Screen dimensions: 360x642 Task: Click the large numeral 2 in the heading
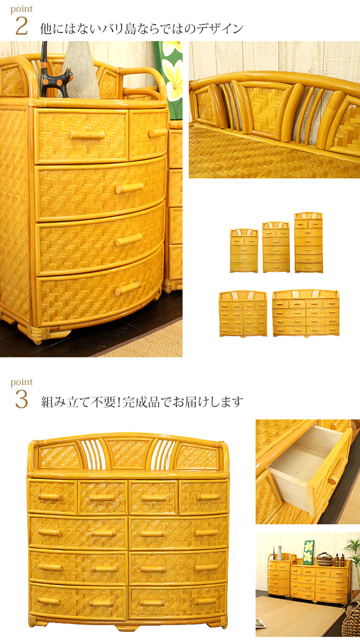point(22,26)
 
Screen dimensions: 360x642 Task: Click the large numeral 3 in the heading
point(22,399)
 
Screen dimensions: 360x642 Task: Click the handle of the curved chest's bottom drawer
point(128,288)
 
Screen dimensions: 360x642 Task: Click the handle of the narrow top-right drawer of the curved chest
point(157,133)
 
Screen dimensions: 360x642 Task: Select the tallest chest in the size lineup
point(309,242)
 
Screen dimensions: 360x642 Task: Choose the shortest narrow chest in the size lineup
point(244,250)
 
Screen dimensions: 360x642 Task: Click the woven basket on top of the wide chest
point(324,559)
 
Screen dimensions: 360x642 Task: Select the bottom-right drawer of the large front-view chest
point(177,600)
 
